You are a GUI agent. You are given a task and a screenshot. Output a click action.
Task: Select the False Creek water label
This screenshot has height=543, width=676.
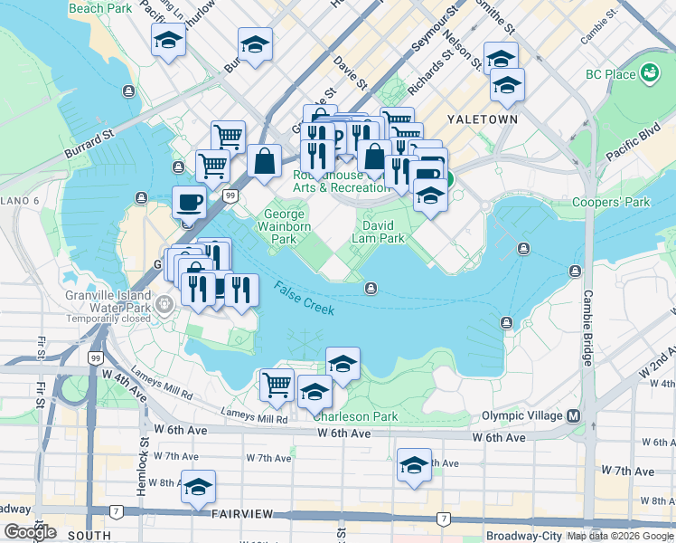click(x=305, y=298)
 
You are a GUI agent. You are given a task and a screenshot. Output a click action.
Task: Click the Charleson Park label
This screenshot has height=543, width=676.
click(x=355, y=416)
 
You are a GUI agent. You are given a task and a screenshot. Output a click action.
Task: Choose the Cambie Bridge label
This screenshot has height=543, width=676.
click(x=587, y=328)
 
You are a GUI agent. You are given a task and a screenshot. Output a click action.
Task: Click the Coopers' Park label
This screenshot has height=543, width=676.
click(x=612, y=203)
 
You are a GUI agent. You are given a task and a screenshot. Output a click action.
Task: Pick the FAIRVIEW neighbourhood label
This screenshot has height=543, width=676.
click(x=242, y=513)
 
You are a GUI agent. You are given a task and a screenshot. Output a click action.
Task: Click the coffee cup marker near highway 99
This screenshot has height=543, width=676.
click(x=189, y=202)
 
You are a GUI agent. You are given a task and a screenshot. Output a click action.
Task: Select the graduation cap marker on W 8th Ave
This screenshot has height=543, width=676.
click(x=198, y=487)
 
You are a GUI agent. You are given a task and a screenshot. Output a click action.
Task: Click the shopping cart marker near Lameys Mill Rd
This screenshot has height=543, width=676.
click(x=277, y=384)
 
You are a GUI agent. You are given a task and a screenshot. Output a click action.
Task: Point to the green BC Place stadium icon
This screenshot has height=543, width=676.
click(x=649, y=72)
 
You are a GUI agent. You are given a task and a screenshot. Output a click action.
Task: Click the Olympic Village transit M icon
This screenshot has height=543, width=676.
click(x=572, y=415)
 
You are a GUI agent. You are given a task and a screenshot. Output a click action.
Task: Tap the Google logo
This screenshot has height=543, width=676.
click(x=30, y=532)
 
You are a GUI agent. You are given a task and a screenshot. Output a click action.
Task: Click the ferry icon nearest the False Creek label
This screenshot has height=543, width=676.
click(x=371, y=289)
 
